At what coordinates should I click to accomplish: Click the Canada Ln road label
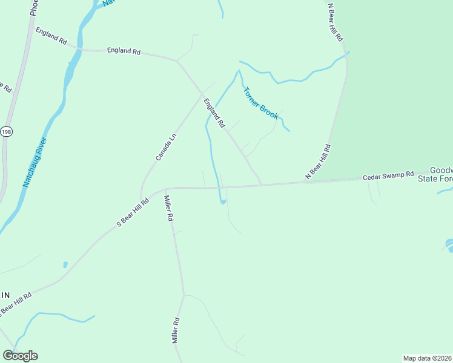pos(165,147)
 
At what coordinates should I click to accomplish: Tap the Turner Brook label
pos(260,103)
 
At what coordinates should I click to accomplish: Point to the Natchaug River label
pos(35,162)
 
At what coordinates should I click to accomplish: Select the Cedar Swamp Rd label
pos(388,177)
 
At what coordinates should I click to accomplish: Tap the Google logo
pos(20,356)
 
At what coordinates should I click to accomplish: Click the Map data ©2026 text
pos(428,358)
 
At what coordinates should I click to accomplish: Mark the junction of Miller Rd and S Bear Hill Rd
pos(165,189)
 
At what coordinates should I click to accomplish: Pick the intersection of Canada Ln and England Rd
pos(202,94)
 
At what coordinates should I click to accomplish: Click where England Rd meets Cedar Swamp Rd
pos(261,185)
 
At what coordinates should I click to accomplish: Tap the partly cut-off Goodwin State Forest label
pos(441,174)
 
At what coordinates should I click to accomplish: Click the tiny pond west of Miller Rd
pos(65,264)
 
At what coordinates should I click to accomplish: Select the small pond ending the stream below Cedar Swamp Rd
pos(223,201)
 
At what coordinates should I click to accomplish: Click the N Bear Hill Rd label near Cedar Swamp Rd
pos(318,162)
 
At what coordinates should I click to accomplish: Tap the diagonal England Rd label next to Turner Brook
pos(214,113)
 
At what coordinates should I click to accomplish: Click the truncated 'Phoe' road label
pos(34,8)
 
